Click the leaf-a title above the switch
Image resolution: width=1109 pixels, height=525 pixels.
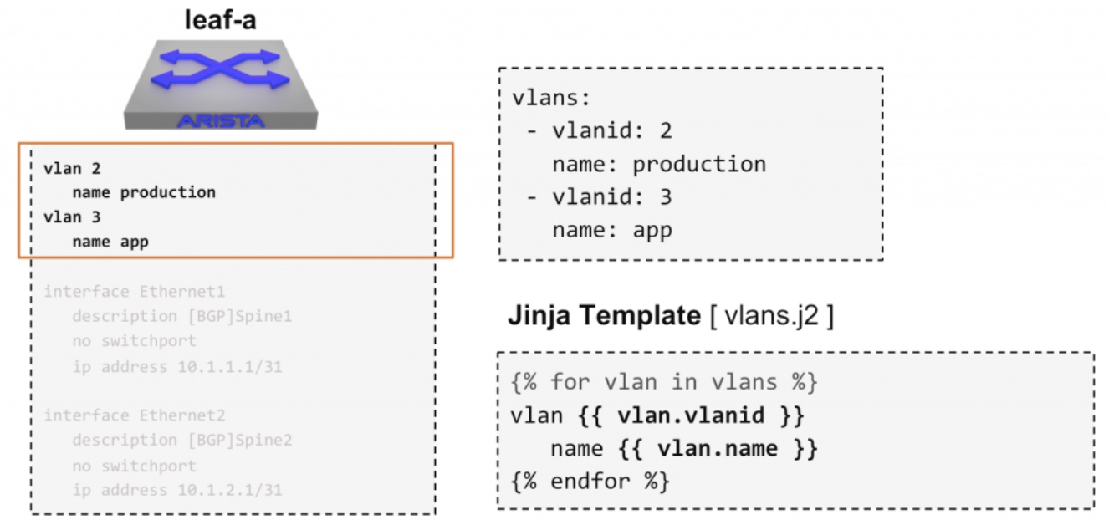220,20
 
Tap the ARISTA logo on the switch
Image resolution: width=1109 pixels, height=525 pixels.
221,121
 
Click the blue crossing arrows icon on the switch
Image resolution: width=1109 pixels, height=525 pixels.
220,69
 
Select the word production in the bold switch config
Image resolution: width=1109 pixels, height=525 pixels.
168,192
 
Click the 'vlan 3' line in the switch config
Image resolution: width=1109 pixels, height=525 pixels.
72,217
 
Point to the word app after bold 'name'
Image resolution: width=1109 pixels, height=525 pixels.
134,242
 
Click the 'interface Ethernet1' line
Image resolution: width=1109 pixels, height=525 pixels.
134,291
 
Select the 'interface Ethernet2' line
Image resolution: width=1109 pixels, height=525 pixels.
134,415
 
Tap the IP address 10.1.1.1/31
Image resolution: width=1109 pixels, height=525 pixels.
230,367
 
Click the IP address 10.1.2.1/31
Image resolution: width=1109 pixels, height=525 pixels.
230,490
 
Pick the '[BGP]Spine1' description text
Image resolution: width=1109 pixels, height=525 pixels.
240,316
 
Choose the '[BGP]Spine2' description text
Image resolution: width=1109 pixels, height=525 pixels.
240,440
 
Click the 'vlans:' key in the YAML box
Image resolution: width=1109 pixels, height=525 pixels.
551,98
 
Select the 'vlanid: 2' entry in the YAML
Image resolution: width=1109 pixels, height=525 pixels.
612,130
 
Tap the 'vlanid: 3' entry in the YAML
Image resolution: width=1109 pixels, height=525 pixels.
612,197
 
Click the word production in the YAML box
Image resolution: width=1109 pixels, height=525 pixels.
699,165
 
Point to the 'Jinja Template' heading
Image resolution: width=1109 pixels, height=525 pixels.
604,315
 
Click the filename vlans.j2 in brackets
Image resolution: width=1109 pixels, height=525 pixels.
771,315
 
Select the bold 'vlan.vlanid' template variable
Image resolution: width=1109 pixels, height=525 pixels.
691,415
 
